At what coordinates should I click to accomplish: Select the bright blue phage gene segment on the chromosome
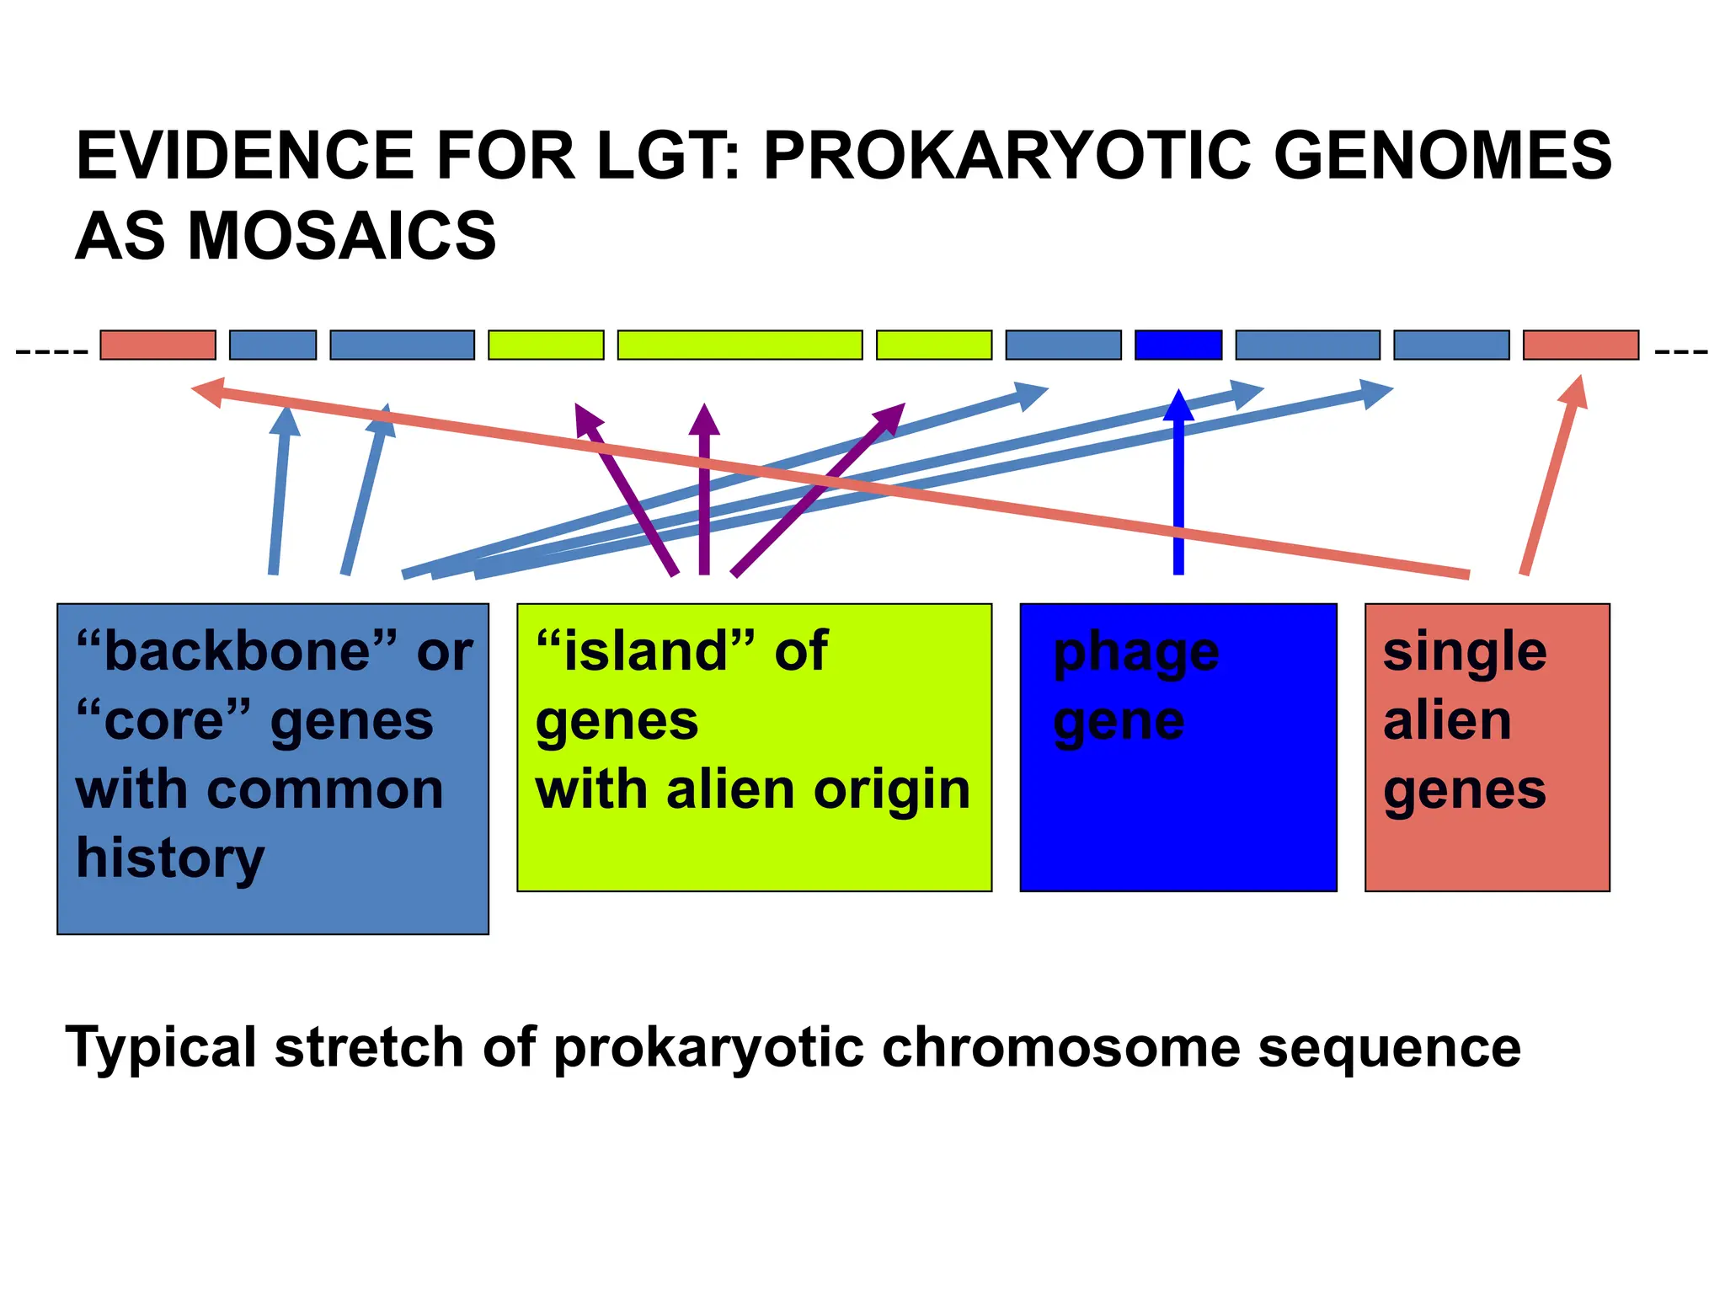point(1178,345)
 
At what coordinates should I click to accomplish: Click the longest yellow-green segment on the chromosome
point(740,345)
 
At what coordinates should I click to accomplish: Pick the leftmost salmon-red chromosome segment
point(158,345)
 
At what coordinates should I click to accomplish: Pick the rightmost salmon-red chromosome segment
point(1580,345)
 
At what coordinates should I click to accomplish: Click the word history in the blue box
point(170,859)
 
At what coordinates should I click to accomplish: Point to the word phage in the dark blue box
point(1135,653)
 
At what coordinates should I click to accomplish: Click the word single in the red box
point(1464,653)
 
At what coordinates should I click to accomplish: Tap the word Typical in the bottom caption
point(160,1047)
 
